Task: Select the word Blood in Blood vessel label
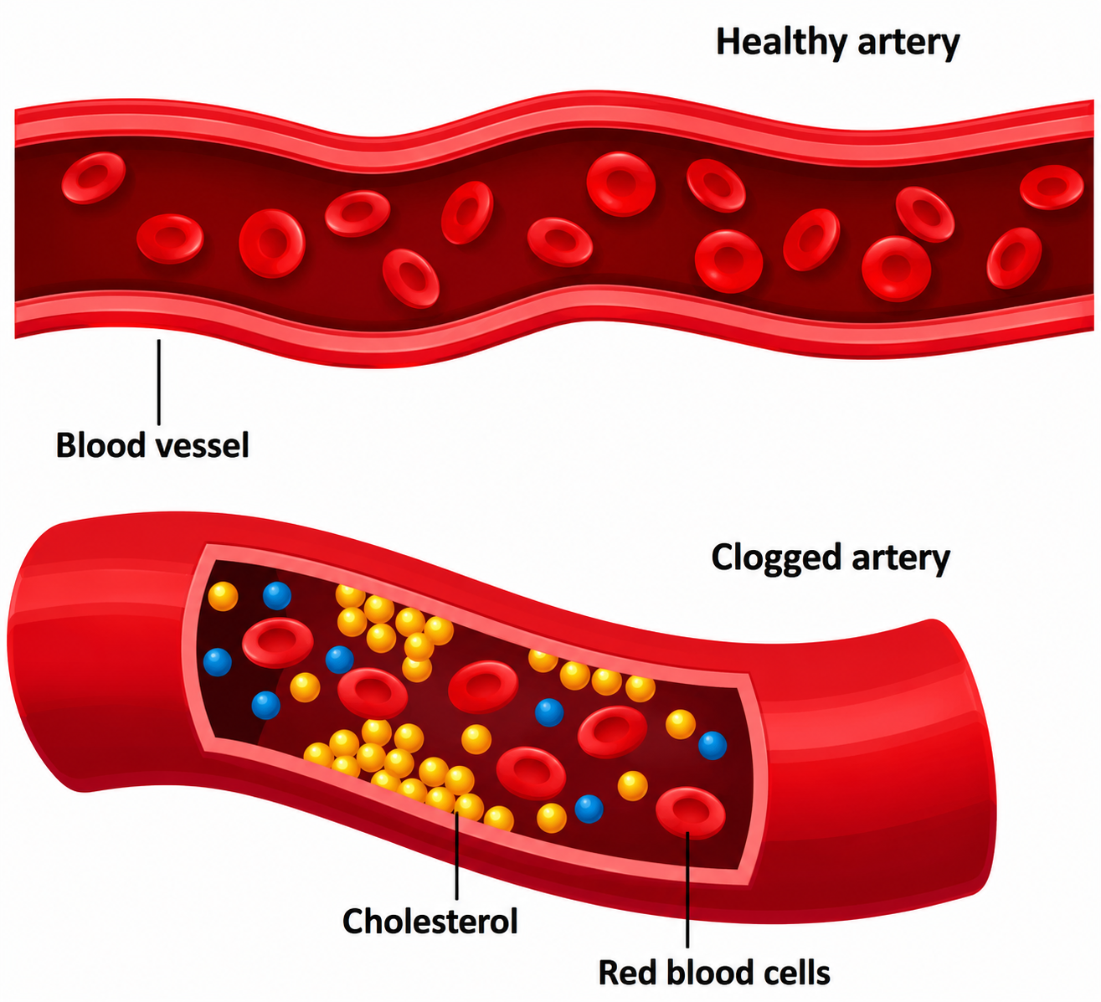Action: click(100, 445)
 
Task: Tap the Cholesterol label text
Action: click(430, 921)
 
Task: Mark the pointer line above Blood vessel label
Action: click(159, 383)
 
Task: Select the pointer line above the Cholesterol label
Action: click(456, 857)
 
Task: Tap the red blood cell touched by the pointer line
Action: click(691, 813)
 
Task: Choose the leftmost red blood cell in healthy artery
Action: click(94, 177)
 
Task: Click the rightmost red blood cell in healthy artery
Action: click(1052, 188)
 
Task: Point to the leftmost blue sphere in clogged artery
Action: click(218, 662)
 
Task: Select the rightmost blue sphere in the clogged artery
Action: click(713, 745)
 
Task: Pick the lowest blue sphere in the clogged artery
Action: click(589, 809)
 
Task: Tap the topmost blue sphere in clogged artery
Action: click(277, 595)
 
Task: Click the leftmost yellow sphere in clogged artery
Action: click(223, 597)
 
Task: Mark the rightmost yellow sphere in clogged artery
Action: click(681, 724)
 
